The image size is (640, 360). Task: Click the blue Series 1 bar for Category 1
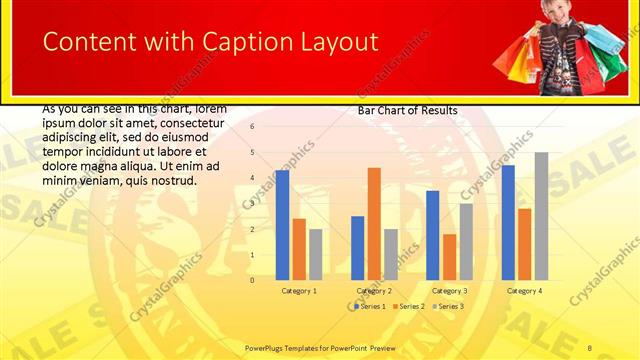click(x=282, y=225)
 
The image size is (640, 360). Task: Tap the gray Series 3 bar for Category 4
click(x=541, y=216)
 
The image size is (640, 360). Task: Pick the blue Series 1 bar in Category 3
click(x=432, y=235)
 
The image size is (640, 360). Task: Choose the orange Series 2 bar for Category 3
click(x=449, y=257)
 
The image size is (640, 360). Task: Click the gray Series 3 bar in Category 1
click(x=315, y=254)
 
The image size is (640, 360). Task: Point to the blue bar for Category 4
click(x=508, y=222)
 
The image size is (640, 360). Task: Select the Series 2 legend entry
click(x=409, y=306)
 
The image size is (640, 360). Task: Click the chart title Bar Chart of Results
click(x=408, y=111)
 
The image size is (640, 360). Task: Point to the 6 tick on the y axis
click(x=252, y=127)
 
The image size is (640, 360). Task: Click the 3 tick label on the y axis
click(x=252, y=204)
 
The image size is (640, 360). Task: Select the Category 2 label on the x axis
click(x=374, y=291)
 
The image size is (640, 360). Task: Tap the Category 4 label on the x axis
click(x=524, y=291)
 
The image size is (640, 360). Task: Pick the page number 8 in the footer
click(x=590, y=348)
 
